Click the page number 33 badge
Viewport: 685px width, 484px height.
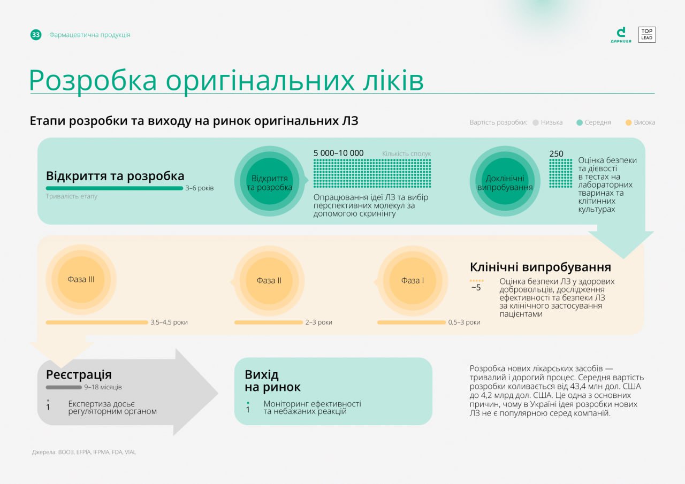pos(36,35)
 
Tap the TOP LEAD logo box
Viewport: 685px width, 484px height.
pos(647,35)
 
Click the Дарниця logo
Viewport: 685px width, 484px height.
pos(621,35)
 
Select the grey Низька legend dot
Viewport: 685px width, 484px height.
pos(536,122)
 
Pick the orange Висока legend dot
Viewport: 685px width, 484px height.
pos(628,122)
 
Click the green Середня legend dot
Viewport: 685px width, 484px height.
pos(579,122)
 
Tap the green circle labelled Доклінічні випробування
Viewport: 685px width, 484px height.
pos(505,181)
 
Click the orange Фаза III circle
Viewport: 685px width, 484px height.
pos(81,279)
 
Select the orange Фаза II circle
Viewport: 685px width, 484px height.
pos(269,280)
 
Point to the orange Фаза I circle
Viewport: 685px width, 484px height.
pos(413,280)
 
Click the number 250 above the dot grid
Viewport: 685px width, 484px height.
pos(556,153)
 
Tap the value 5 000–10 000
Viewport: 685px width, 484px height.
pos(339,153)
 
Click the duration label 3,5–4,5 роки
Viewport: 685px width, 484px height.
pos(169,322)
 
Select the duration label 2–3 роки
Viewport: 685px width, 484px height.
pos(318,322)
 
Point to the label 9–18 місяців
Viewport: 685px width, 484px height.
pos(103,387)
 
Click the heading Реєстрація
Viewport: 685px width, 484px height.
pos(79,374)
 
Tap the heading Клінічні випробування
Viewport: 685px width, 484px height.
pos(541,267)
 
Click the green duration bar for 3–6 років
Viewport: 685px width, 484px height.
pos(115,188)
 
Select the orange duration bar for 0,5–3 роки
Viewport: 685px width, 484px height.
pos(412,322)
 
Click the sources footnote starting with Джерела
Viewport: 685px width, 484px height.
pos(84,452)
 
